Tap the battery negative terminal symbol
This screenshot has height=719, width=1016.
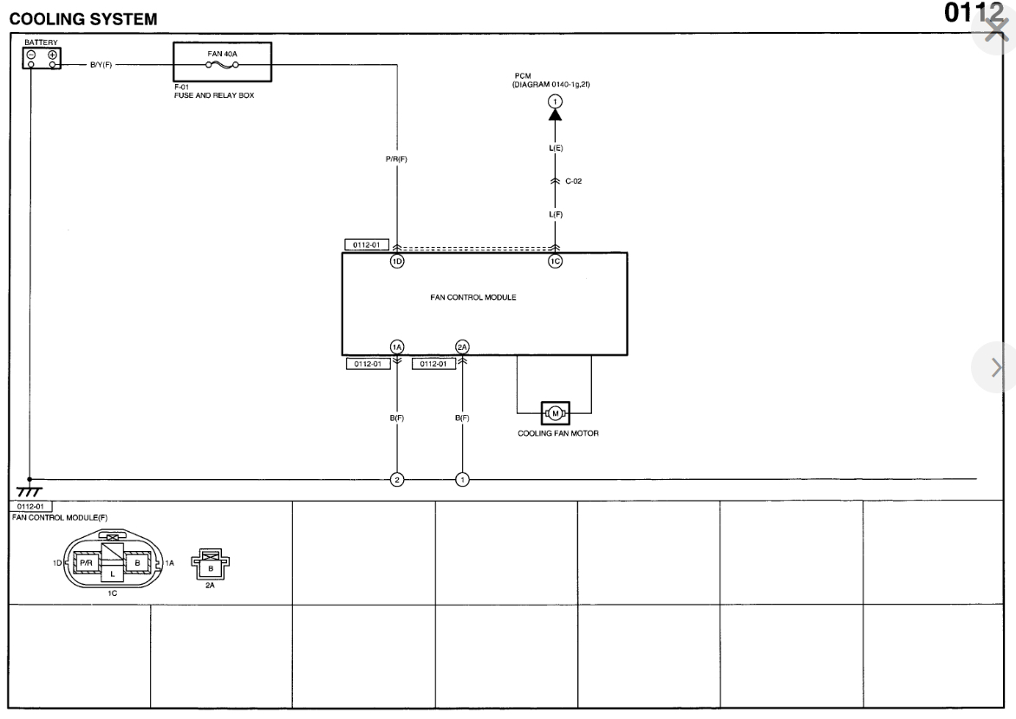click(x=31, y=54)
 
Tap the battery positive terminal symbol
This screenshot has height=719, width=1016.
click(x=53, y=54)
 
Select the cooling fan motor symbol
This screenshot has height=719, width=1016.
click(x=555, y=412)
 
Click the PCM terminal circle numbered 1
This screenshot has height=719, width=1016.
click(x=555, y=102)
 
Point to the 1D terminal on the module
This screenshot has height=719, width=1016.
click(x=397, y=262)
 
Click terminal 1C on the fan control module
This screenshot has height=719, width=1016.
click(x=555, y=262)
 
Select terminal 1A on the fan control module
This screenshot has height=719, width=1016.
click(x=397, y=347)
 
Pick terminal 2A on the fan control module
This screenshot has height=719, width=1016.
click(x=462, y=347)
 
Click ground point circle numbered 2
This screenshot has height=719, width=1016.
click(x=397, y=478)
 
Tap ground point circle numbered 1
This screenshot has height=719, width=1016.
click(x=462, y=478)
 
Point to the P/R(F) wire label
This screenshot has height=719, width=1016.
click(x=396, y=159)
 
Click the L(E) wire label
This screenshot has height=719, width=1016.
click(x=555, y=149)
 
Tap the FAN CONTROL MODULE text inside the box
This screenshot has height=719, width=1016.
click(x=473, y=297)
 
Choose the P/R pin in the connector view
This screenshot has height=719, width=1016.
click(x=86, y=562)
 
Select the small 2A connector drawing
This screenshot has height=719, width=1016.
click(x=211, y=567)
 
